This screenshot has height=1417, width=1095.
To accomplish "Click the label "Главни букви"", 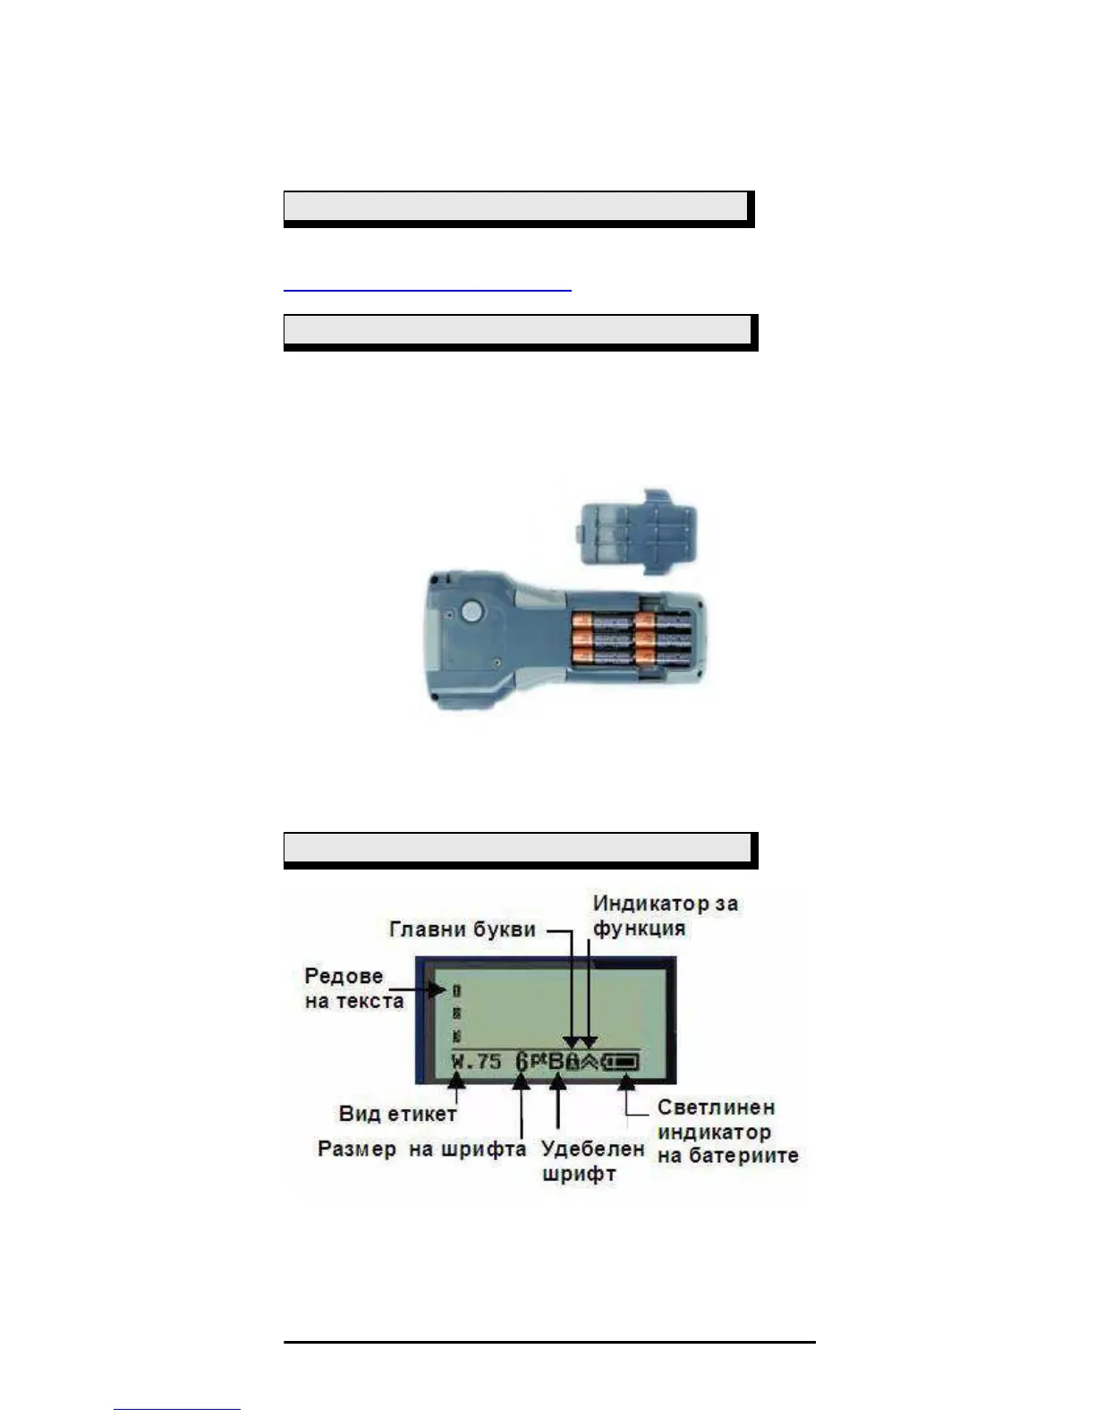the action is [x=463, y=929].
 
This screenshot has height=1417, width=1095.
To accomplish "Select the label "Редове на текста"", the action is [x=353, y=988].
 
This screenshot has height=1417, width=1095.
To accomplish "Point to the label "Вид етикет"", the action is [x=397, y=1114].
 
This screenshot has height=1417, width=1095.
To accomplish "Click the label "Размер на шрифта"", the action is [x=421, y=1149].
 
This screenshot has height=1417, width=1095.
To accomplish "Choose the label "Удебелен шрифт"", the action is [x=592, y=1160].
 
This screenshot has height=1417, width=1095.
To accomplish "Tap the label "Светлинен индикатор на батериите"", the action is [x=726, y=1132].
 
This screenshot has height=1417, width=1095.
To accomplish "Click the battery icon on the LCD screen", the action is [x=624, y=1062].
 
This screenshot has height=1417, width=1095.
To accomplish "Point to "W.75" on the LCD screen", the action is [x=476, y=1062].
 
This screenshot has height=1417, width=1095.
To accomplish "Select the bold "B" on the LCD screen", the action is [x=556, y=1062].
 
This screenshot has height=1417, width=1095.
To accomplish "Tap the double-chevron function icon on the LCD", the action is [x=590, y=1061].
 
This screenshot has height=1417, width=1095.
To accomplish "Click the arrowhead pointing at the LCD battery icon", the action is [x=627, y=1080].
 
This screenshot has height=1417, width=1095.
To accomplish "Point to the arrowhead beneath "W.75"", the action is [x=456, y=1082].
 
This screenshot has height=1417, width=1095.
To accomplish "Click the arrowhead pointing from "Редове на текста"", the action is [x=442, y=989].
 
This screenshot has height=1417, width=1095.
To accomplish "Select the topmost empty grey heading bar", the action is [x=515, y=207].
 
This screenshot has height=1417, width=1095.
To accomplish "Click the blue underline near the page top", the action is [x=427, y=290].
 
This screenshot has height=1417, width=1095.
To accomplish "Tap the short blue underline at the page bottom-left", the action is [x=177, y=1410].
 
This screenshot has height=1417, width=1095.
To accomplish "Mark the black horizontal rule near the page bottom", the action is [x=549, y=1342].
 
